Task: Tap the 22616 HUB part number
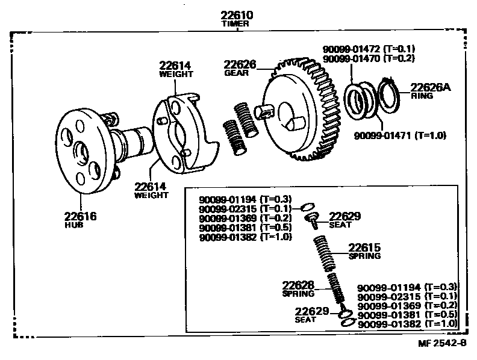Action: (x=80, y=216)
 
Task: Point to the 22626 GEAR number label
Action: (x=240, y=64)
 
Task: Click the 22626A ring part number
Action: (x=430, y=87)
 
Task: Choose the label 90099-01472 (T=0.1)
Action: (x=369, y=49)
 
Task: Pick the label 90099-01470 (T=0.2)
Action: (x=369, y=58)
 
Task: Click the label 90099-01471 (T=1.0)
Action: (x=399, y=136)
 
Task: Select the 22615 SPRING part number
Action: (x=364, y=247)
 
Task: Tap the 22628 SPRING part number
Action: (x=299, y=285)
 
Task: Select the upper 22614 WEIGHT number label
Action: (x=176, y=66)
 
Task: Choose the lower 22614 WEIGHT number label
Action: (x=150, y=187)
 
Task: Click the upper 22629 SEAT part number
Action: (x=344, y=216)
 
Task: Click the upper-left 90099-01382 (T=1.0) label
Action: (x=245, y=237)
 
